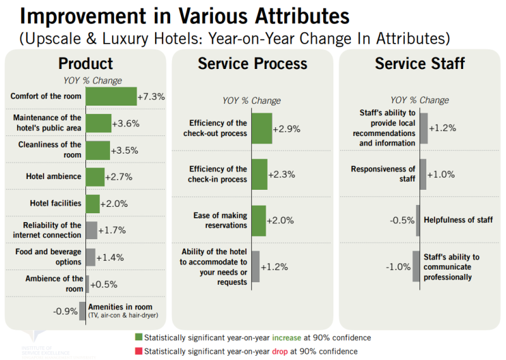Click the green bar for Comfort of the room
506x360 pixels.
pyautogui.click(x=111, y=96)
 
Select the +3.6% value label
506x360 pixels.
pyautogui.click(x=125, y=123)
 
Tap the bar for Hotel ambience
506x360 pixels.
pyautogui.click(x=95, y=177)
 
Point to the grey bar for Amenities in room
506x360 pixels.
pyautogui.click(x=82, y=311)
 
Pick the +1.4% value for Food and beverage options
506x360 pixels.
pyautogui.click(x=110, y=258)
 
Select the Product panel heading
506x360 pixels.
pyautogui.click(x=85, y=64)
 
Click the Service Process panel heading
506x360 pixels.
pyautogui.click(x=252, y=64)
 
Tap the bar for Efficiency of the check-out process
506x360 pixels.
pyautogui.click(x=262, y=128)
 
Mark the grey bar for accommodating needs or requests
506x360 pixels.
pyautogui.click(x=256, y=266)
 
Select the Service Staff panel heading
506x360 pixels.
pyautogui.click(x=419, y=64)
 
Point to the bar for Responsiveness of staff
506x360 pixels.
pyautogui.click(x=423, y=175)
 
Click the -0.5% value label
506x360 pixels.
pyautogui.click(x=402, y=221)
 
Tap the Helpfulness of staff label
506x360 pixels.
pyautogui.click(x=458, y=220)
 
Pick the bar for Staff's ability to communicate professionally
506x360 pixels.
pyautogui.click(x=416, y=266)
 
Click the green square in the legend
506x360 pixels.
pyautogui.click(x=139, y=338)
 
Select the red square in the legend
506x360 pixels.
pyautogui.click(x=139, y=351)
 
